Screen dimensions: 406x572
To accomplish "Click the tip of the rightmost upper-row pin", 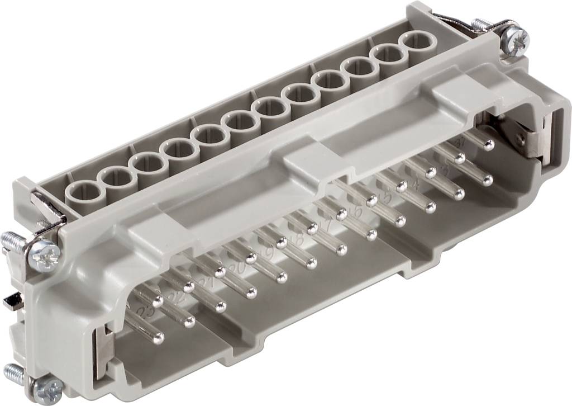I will (x=489, y=145).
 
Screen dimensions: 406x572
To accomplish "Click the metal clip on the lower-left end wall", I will (x=104, y=347).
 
